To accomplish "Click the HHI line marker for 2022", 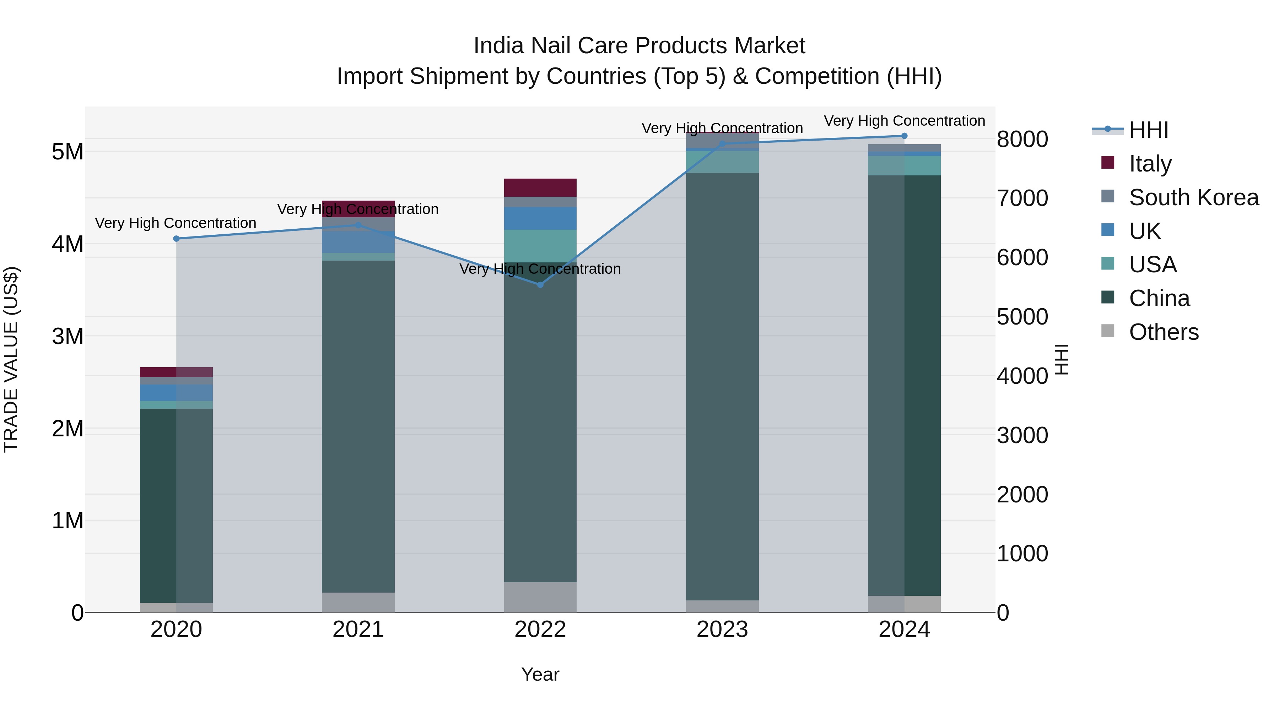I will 540,285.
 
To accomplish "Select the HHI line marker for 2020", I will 176,239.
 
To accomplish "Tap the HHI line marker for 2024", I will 904,136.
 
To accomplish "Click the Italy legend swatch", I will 1108,163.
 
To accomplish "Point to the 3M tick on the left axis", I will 68,337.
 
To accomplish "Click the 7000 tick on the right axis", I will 1022,198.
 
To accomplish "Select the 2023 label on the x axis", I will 722,630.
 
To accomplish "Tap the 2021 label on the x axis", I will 358,630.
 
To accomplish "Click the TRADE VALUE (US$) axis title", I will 11,359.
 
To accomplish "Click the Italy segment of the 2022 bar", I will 540,187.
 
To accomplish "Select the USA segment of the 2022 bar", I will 540,246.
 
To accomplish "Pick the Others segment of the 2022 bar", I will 540,597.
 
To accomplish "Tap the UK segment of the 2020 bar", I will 158,392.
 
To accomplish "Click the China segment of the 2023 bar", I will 722,387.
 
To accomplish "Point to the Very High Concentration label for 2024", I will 904,121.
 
